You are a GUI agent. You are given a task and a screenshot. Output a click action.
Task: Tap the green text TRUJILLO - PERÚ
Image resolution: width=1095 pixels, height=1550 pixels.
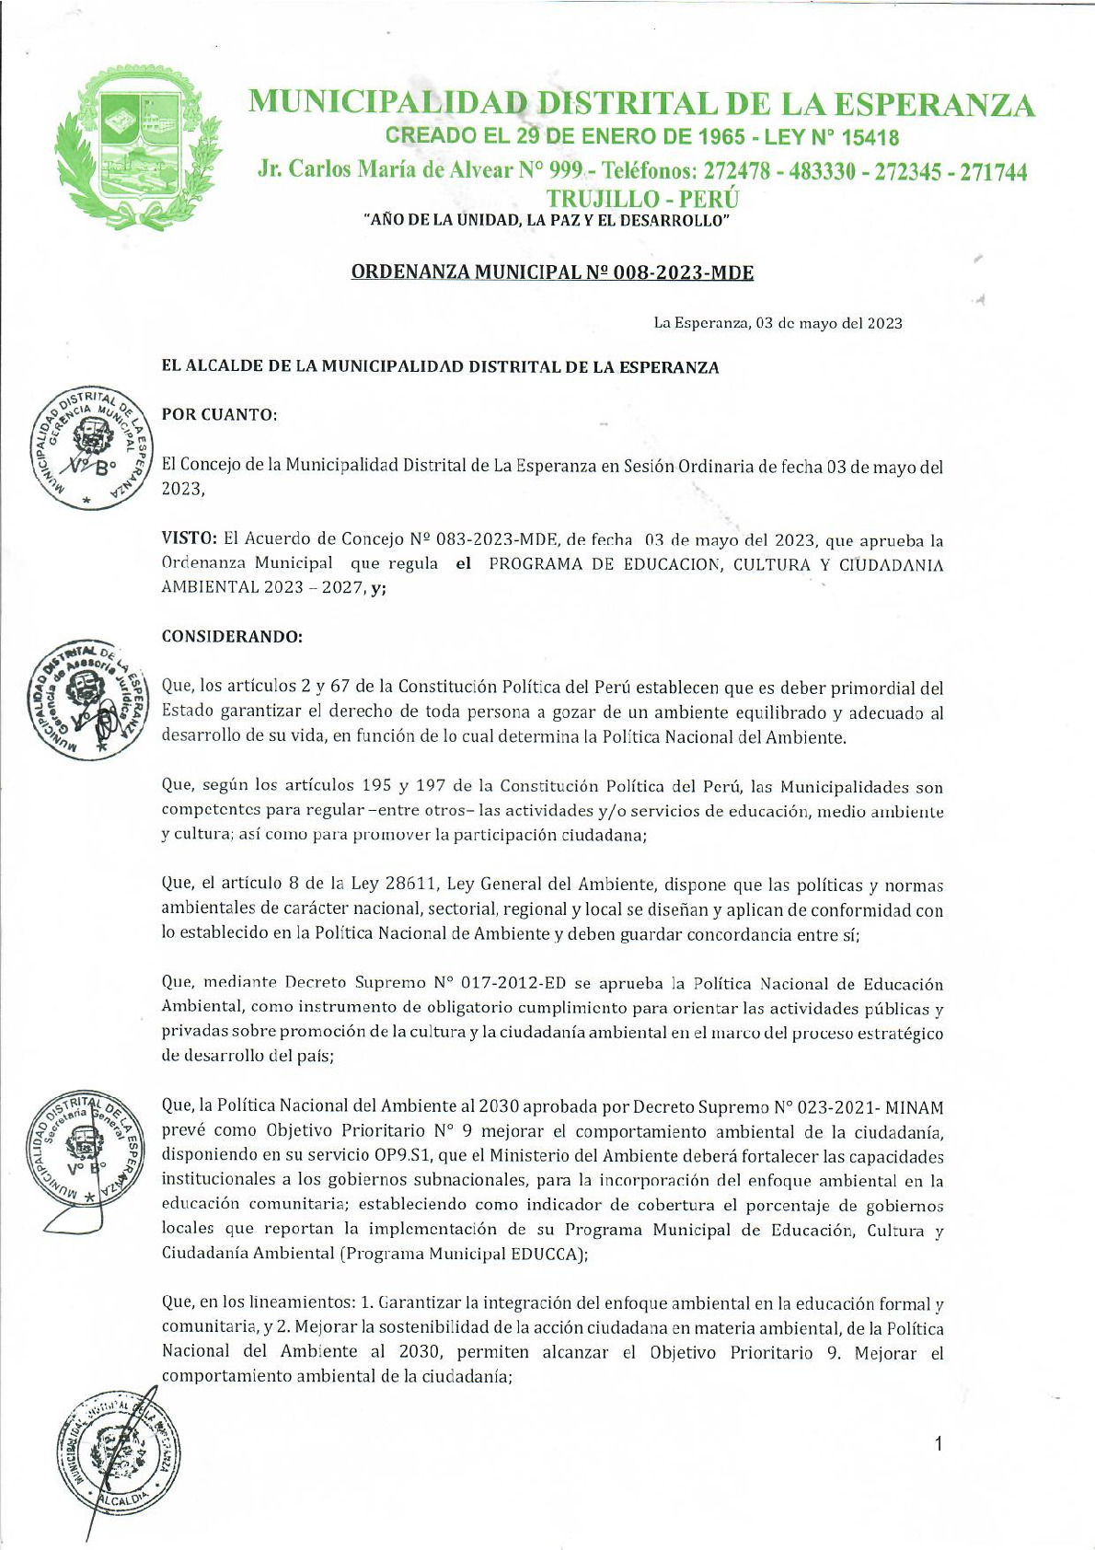coord(643,198)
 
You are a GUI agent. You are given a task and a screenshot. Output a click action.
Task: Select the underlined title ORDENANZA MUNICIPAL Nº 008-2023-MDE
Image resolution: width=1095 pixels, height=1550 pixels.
coord(552,272)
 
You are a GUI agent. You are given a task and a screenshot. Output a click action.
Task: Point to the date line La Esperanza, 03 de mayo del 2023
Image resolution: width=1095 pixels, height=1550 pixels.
coord(778,323)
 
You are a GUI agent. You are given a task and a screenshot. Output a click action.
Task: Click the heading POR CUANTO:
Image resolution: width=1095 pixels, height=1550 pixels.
coord(219,414)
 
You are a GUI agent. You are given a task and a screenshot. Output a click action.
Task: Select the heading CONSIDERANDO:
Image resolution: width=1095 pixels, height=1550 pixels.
coord(231,636)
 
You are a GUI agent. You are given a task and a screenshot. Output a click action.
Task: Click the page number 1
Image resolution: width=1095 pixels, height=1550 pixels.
coord(938,1443)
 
